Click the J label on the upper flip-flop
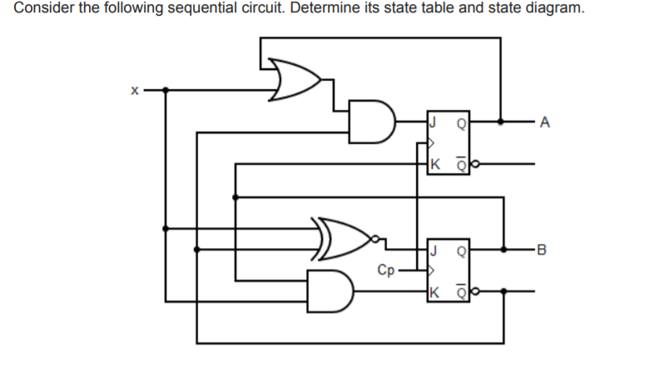434,122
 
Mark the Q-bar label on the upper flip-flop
459,163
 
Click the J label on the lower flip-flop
434,248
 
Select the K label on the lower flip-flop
435,291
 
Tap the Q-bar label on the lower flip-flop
459,291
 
